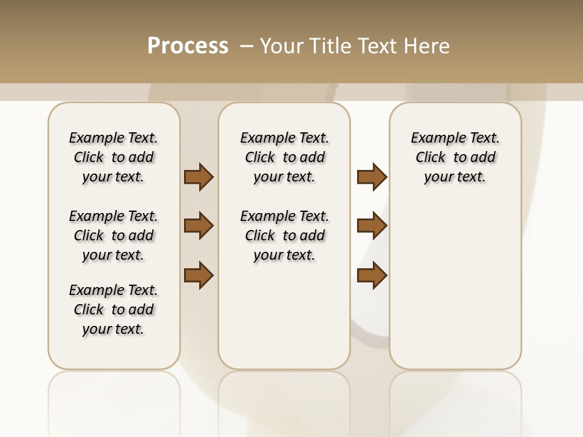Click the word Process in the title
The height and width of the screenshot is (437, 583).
(188, 46)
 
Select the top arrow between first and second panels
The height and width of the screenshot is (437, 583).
(199, 177)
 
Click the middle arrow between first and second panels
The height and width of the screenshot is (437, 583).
(199, 226)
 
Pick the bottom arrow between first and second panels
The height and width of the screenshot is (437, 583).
(199, 276)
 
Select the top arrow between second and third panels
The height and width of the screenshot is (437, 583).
(372, 177)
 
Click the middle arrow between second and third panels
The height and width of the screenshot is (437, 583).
(372, 226)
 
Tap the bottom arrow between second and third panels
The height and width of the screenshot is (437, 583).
(372, 276)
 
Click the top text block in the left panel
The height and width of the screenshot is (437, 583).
(114, 157)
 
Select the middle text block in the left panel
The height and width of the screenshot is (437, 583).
(114, 235)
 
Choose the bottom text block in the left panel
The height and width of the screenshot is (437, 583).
(114, 310)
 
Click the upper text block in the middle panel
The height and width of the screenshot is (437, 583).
(284, 157)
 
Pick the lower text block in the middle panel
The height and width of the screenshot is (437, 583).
(284, 235)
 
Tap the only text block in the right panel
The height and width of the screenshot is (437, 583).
(455, 157)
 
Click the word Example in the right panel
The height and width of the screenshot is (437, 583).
(434, 138)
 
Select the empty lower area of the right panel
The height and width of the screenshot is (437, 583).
(455, 285)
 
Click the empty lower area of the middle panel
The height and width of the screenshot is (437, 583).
(284, 316)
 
